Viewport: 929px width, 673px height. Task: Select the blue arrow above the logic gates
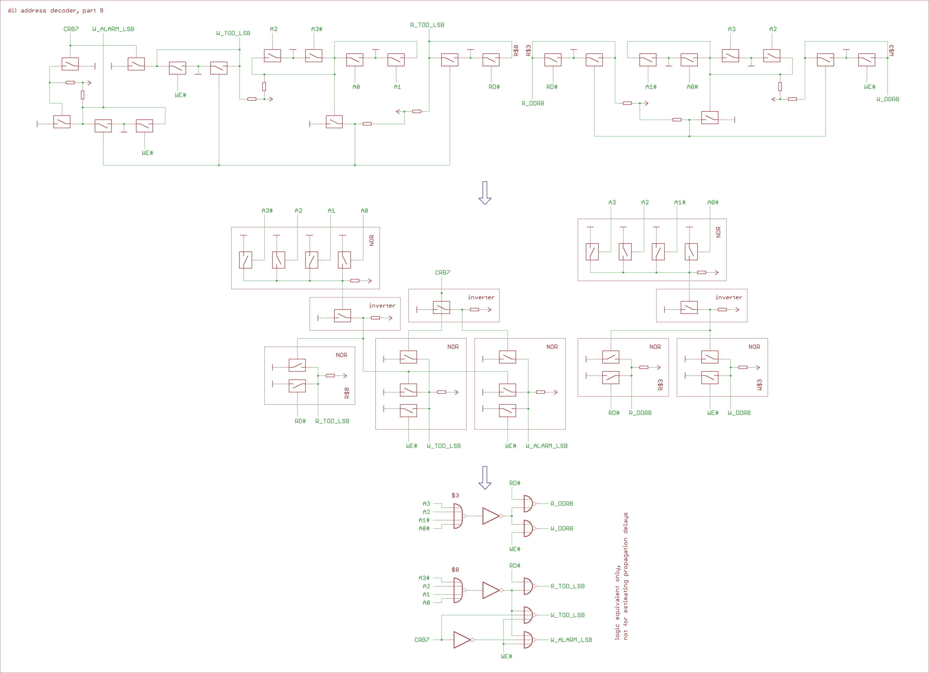[x=485, y=477]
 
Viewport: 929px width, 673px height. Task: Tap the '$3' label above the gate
[x=455, y=495]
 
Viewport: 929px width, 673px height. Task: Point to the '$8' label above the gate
[x=455, y=570]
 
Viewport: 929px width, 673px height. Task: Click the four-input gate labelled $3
[x=458, y=516]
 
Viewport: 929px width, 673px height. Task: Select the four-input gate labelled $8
[x=458, y=590]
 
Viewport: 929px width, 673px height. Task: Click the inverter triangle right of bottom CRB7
[x=462, y=640]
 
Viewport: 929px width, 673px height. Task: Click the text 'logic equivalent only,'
[x=617, y=602]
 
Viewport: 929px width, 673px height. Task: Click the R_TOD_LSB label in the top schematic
[x=427, y=25]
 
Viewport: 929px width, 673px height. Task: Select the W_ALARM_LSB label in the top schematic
[x=113, y=29]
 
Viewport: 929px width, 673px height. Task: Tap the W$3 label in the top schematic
[x=892, y=50]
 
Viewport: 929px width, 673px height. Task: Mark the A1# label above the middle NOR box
[x=680, y=203]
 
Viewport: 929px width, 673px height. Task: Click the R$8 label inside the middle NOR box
[x=347, y=393]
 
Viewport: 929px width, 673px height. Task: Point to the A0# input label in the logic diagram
[x=424, y=529]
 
